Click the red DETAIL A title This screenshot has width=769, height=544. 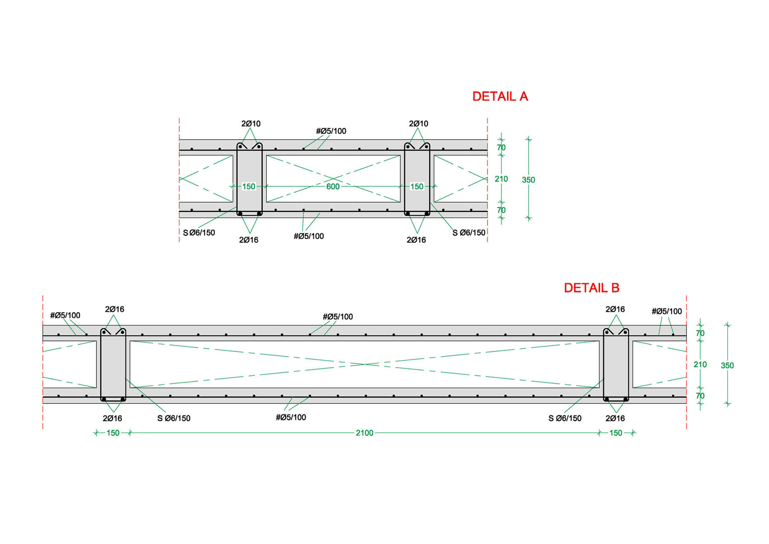(500, 97)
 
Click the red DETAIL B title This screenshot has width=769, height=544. (591, 288)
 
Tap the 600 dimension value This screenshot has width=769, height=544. (333, 187)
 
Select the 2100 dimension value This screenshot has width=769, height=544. (364, 433)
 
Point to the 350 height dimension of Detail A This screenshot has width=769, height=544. (529, 180)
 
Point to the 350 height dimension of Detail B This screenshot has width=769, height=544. (727, 366)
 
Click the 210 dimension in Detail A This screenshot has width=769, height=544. (501, 179)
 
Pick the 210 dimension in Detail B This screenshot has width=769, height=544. (700, 364)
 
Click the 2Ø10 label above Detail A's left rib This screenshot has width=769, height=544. (251, 124)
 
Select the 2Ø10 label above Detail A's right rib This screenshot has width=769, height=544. (418, 124)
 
